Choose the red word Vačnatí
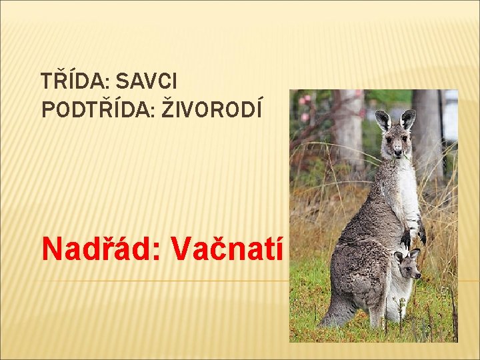pyautogui.click(x=229, y=249)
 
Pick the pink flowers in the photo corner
pyautogui.click(x=305, y=107)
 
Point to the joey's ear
pyautogui.click(x=414, y=253)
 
